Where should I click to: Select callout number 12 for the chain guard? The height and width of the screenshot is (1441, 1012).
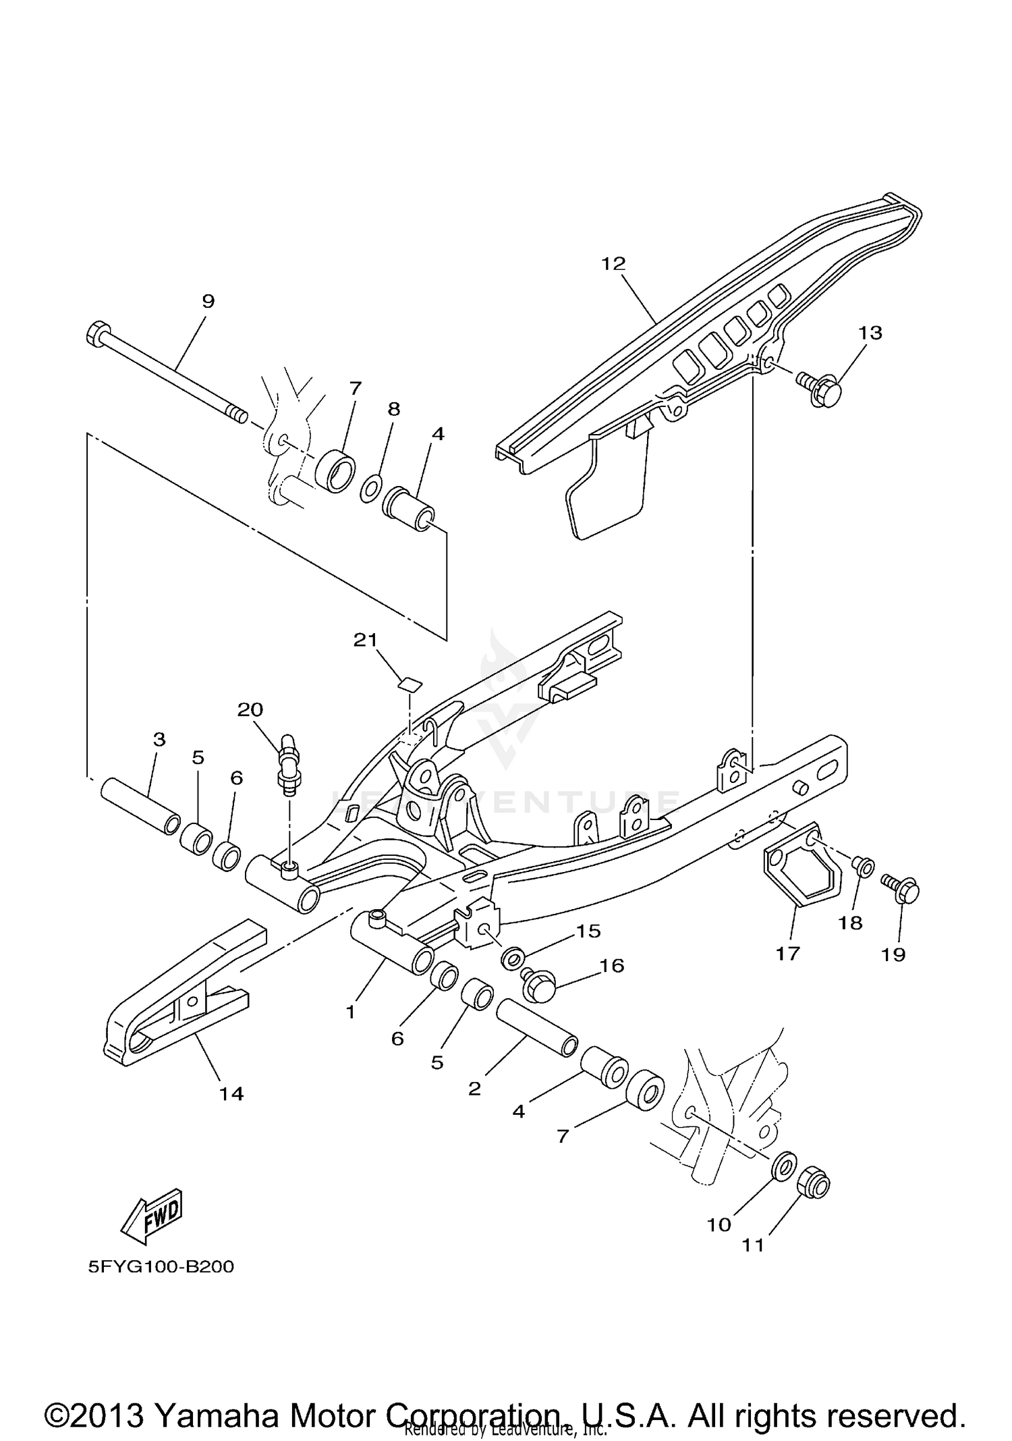[x=614, y=264]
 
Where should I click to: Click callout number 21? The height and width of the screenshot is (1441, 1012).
[x=366, y=640]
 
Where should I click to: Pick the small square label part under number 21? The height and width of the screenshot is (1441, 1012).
[x=408, y=684]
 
